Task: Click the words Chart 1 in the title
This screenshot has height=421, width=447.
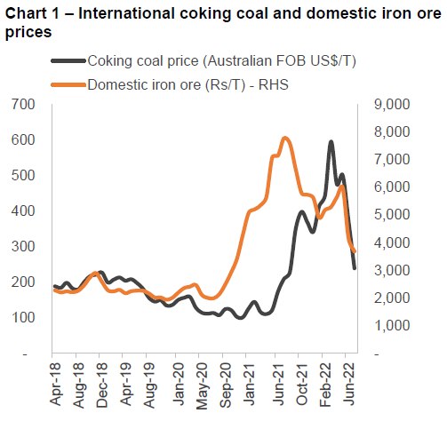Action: pyautogui.click(x=31, y=13)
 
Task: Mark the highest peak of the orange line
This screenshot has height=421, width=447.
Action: pyautogui.click(x=284, y=139)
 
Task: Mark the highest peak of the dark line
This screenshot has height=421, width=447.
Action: pyautogui.click(x=331, y=142)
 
